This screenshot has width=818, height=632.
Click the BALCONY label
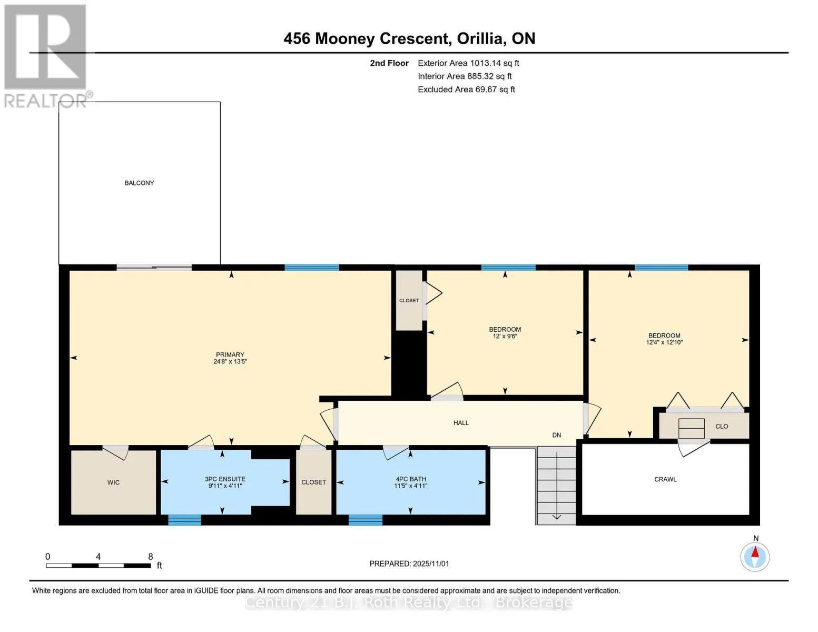139,183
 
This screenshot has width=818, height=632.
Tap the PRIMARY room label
230,354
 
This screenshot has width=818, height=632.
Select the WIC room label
113,482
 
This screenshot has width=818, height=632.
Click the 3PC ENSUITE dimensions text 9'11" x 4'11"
225,486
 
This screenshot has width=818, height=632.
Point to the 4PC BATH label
411,479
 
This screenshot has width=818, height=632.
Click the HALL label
461,423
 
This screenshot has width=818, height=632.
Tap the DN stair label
557,435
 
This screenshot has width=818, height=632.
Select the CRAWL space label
666,480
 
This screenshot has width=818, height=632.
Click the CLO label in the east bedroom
722,427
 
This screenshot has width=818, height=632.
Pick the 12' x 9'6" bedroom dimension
505,336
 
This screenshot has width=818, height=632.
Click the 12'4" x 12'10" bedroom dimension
664,342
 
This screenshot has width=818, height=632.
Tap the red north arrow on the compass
755,552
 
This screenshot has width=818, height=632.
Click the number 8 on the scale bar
151,557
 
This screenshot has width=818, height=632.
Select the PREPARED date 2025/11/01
431,564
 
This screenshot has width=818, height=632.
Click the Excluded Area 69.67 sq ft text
466,90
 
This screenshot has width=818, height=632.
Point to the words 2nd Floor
389,63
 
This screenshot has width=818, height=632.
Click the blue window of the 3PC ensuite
184,520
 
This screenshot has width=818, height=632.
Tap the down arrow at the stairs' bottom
556,517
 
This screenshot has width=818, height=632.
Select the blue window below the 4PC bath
366,520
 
